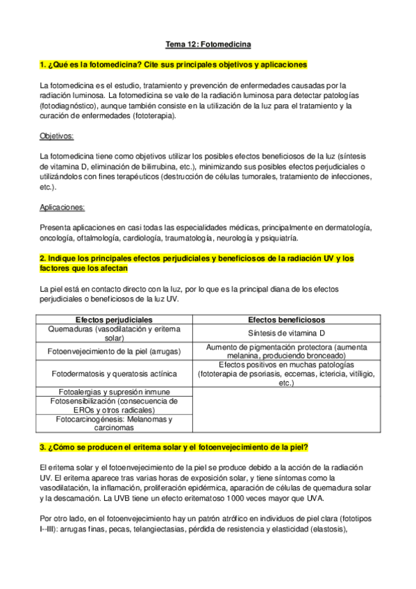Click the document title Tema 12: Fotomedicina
208,44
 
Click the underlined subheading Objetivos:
57,135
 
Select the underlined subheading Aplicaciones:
63,207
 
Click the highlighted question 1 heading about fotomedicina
174,65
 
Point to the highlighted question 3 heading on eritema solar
174,446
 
